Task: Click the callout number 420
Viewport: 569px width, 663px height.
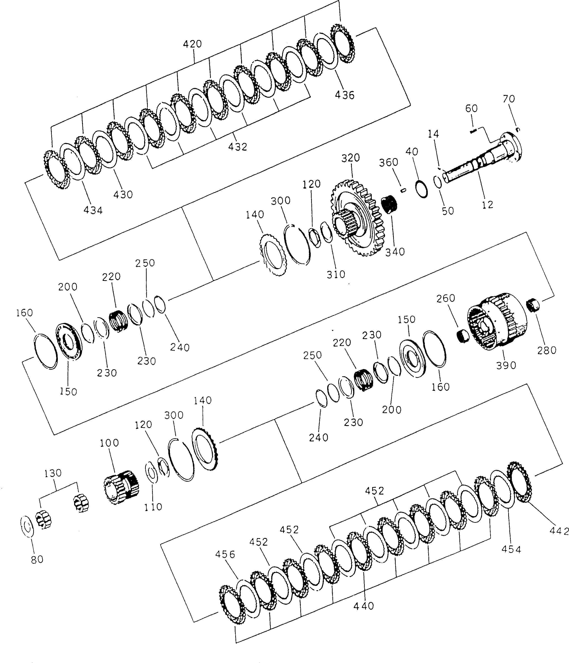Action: point(192,44)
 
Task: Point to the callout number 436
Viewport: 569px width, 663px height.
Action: point(345,95)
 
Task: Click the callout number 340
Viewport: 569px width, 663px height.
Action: point(395,252)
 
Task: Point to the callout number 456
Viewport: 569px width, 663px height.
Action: point(225,554)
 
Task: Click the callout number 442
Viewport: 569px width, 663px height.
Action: point(559,531)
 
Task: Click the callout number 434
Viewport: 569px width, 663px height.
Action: point(93,210)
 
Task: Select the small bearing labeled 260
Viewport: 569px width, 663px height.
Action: point(463,336)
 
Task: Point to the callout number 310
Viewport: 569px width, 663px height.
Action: point(336,274)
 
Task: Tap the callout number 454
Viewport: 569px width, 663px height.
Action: point(511,549)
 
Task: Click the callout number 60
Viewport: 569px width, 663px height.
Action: point(471,109)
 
